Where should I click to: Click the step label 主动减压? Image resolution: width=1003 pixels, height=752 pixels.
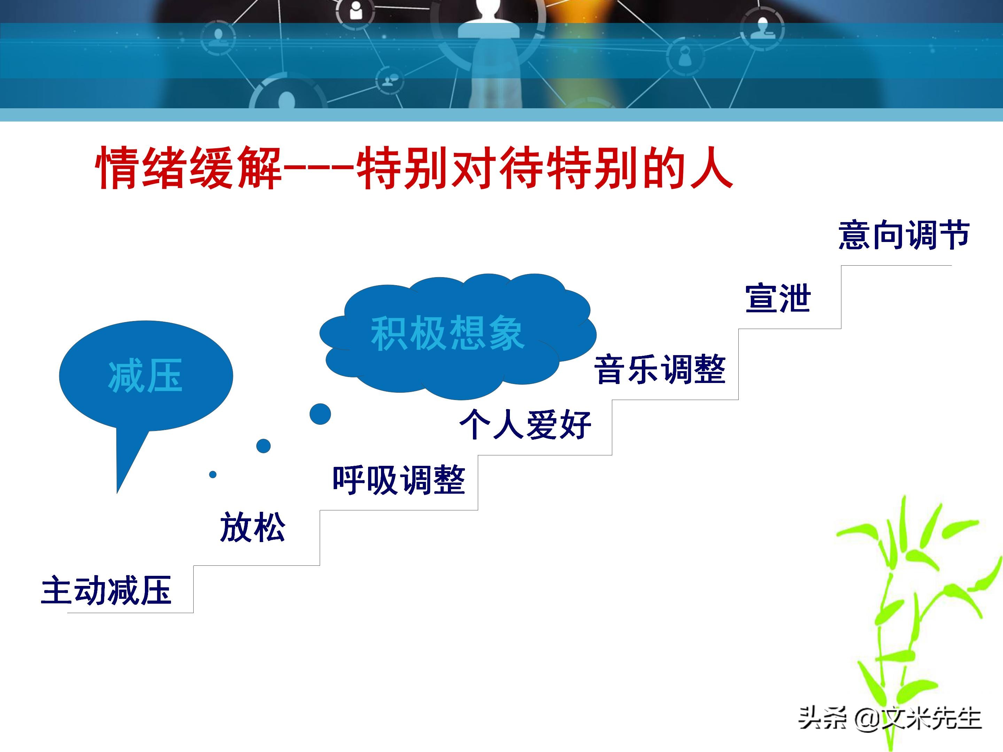(x=106, y=590)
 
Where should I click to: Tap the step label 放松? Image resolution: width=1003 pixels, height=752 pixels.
(x=252, y=527)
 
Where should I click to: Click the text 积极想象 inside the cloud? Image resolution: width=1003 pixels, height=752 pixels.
(x=447, y=333)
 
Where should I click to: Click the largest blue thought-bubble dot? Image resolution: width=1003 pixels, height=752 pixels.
(x=320, y=414)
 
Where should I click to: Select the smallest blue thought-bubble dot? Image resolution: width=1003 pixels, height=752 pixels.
(x=213, y=475)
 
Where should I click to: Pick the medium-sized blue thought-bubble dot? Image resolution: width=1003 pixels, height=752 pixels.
(x=263, y=446)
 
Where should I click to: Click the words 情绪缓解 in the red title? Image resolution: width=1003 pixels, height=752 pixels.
(x=188, y=168)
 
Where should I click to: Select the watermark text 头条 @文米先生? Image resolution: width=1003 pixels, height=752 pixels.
(x=890, y=719)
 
